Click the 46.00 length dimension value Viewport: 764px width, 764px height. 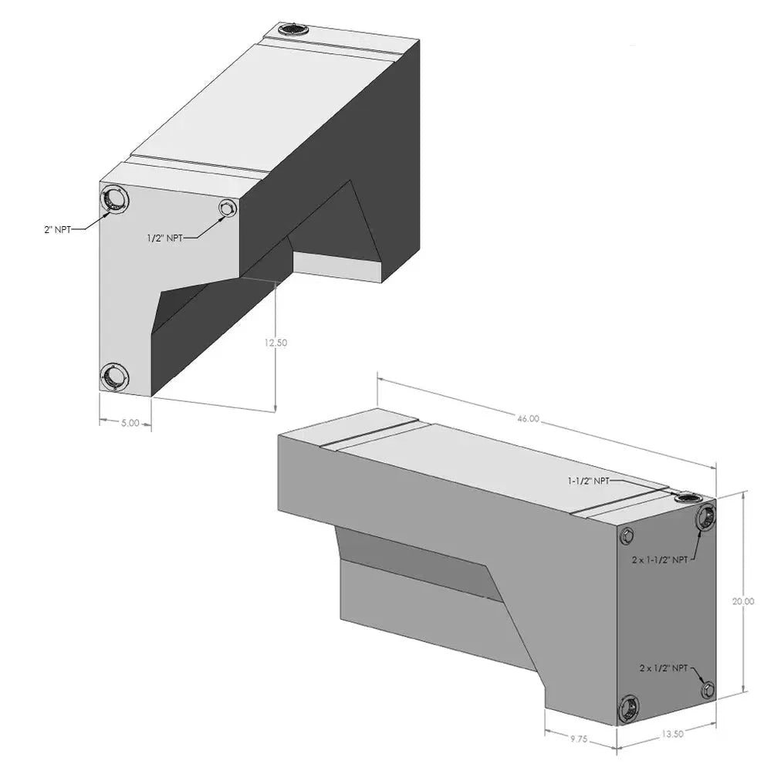[x=528, y=418]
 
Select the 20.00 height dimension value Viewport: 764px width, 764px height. [x=742, y=602]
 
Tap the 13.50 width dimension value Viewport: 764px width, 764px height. [x=672, y=734]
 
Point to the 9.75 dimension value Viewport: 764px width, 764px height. [x=578, y=739]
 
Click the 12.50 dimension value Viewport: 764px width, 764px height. [x=276, y=343]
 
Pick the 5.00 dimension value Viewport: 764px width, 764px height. [x=130, y=423]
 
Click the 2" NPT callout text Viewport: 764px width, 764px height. [x=58, y=229]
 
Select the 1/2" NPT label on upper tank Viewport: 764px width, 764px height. [x=164, y=238]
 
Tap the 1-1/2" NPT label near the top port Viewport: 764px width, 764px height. [x=588, y=481]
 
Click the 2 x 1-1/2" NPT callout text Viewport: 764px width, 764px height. [x=660, y=559]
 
